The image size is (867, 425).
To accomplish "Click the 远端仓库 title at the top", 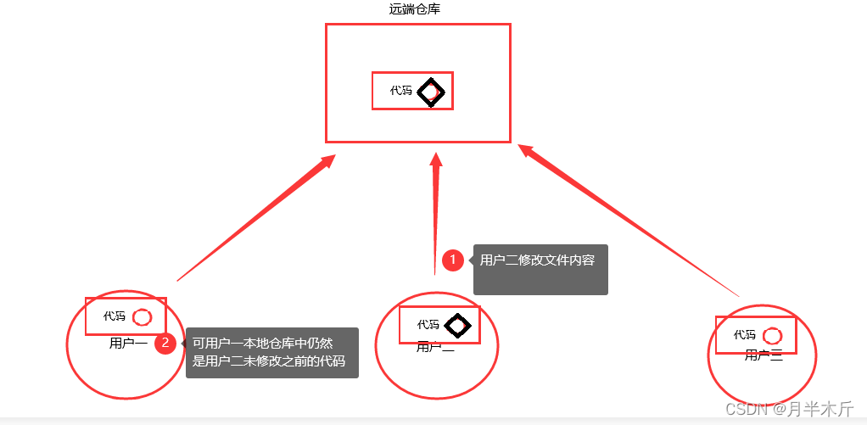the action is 414,9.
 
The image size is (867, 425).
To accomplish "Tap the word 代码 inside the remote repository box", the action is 401,90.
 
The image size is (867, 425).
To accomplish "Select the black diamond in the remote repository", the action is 431,91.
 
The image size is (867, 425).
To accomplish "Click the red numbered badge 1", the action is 453,260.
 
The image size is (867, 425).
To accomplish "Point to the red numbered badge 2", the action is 165,344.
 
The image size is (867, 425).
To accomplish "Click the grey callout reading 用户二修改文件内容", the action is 540,269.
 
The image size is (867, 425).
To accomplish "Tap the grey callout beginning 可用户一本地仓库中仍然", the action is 271,353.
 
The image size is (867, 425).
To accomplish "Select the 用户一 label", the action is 127,344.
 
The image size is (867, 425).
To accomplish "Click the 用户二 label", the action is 435,346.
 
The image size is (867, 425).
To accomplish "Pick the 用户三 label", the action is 763,355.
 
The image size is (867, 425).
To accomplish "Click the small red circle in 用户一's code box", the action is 142,316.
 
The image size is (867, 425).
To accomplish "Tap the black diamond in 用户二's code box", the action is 457,324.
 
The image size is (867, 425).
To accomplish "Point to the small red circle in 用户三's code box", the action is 772,335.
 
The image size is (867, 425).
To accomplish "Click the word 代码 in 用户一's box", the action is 115,316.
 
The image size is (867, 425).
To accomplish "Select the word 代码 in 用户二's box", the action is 428,324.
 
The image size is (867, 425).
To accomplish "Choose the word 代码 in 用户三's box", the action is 745,335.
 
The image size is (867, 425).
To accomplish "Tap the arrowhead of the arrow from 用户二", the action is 437,160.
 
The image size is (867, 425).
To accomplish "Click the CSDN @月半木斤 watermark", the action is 789,408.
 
